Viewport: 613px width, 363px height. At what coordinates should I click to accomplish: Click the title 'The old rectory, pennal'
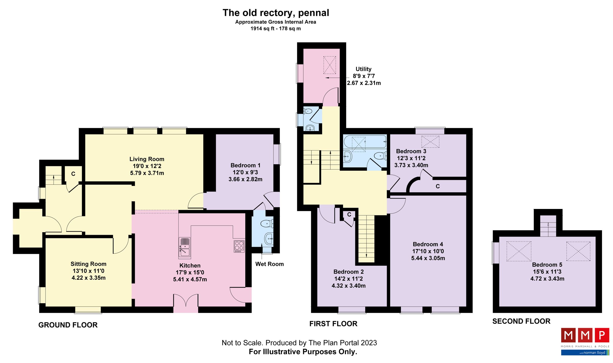click(x=276, y=13)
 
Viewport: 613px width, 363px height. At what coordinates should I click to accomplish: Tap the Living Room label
click(x=147, y=159)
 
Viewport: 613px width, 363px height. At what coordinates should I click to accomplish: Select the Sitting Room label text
click(x=88, y=264)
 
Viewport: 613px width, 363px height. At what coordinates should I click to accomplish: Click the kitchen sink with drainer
click(x=184, y=247)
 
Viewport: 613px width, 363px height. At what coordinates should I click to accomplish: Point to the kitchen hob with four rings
click(x=239, y=246)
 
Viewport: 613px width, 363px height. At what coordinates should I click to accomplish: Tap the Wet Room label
click(x=269, y=264)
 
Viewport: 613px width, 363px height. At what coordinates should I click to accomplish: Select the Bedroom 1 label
click(x=245, y=166)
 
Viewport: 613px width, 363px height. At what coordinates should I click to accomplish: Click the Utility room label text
click(x=363, y=69)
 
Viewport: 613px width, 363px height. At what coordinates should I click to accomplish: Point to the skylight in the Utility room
click(x=329, y=65)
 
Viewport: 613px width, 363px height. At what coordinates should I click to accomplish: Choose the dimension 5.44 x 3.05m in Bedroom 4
click(x=428, y=258)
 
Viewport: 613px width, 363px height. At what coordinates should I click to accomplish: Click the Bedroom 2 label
click(x=348, y=272)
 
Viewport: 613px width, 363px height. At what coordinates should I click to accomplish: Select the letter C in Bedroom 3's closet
click(x=438, y=186)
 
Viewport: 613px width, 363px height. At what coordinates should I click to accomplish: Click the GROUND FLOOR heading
click(x=68, y=325)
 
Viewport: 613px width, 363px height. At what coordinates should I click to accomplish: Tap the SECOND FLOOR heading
click(x=521, y=321)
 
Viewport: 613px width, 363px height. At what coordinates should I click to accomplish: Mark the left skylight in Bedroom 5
click(x=519, y=251)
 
